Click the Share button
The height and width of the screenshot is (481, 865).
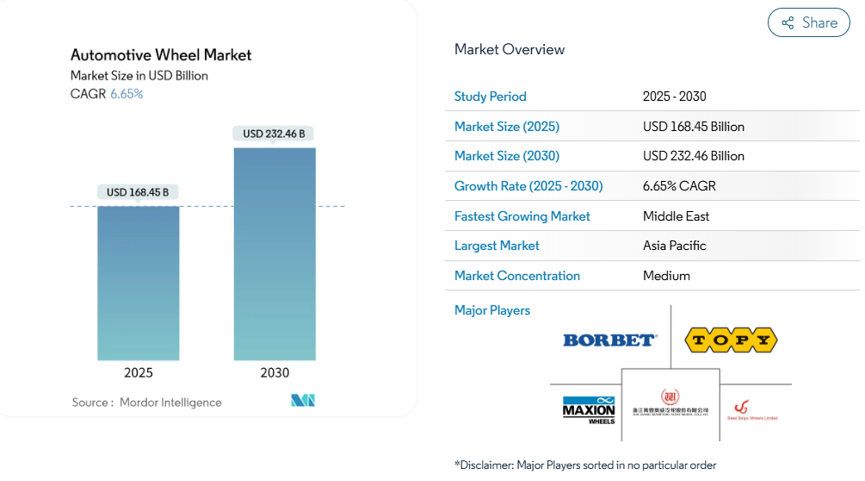(x=808, y=22)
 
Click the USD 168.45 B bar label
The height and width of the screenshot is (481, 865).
(x=138, y=192)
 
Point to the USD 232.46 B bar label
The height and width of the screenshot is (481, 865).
(x=274, y=134)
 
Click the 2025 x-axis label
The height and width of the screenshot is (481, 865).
(x=139, y=373)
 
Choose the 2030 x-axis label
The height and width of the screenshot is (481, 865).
(x=275, y=373)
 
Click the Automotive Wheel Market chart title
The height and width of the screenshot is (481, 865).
(x=161, y=54)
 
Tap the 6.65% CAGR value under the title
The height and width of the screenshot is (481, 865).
(x=127, y=94)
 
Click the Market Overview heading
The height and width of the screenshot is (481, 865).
(x=510, y=49)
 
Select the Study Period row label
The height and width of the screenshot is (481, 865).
(x=491, y=97)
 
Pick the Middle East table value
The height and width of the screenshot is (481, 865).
(x=677, y=216)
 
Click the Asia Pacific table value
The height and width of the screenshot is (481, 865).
(x=675, y=246)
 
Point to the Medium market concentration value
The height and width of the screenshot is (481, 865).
(x=667, y=276)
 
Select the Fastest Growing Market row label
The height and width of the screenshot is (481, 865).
(x=522, y=216)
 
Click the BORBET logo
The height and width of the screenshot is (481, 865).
(x=610, y=340)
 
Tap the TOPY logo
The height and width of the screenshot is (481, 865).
(x=731, y=340)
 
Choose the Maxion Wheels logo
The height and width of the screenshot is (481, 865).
(x=589, y=409)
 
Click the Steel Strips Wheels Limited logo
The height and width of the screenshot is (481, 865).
(x=751, y=409)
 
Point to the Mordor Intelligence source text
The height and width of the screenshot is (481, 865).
(x=170, y=403)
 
